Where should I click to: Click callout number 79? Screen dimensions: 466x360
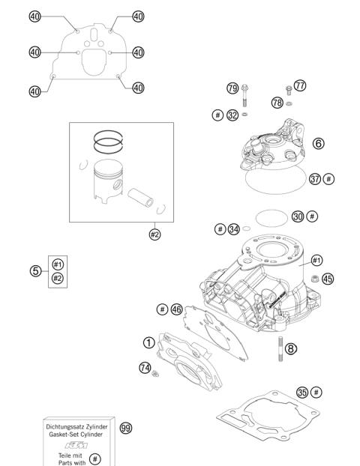232,88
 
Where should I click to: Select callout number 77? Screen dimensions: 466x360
301,86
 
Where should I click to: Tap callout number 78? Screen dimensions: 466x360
277,102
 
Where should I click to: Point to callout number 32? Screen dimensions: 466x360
233,115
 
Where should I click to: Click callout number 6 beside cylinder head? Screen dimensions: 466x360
319,142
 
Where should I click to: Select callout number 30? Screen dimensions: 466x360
298,216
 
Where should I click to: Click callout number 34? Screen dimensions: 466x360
234,229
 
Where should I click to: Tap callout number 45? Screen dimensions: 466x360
327,279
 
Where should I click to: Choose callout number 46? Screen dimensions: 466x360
177,309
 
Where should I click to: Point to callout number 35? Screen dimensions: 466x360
301,392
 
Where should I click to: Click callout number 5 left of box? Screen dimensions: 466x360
35,270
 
